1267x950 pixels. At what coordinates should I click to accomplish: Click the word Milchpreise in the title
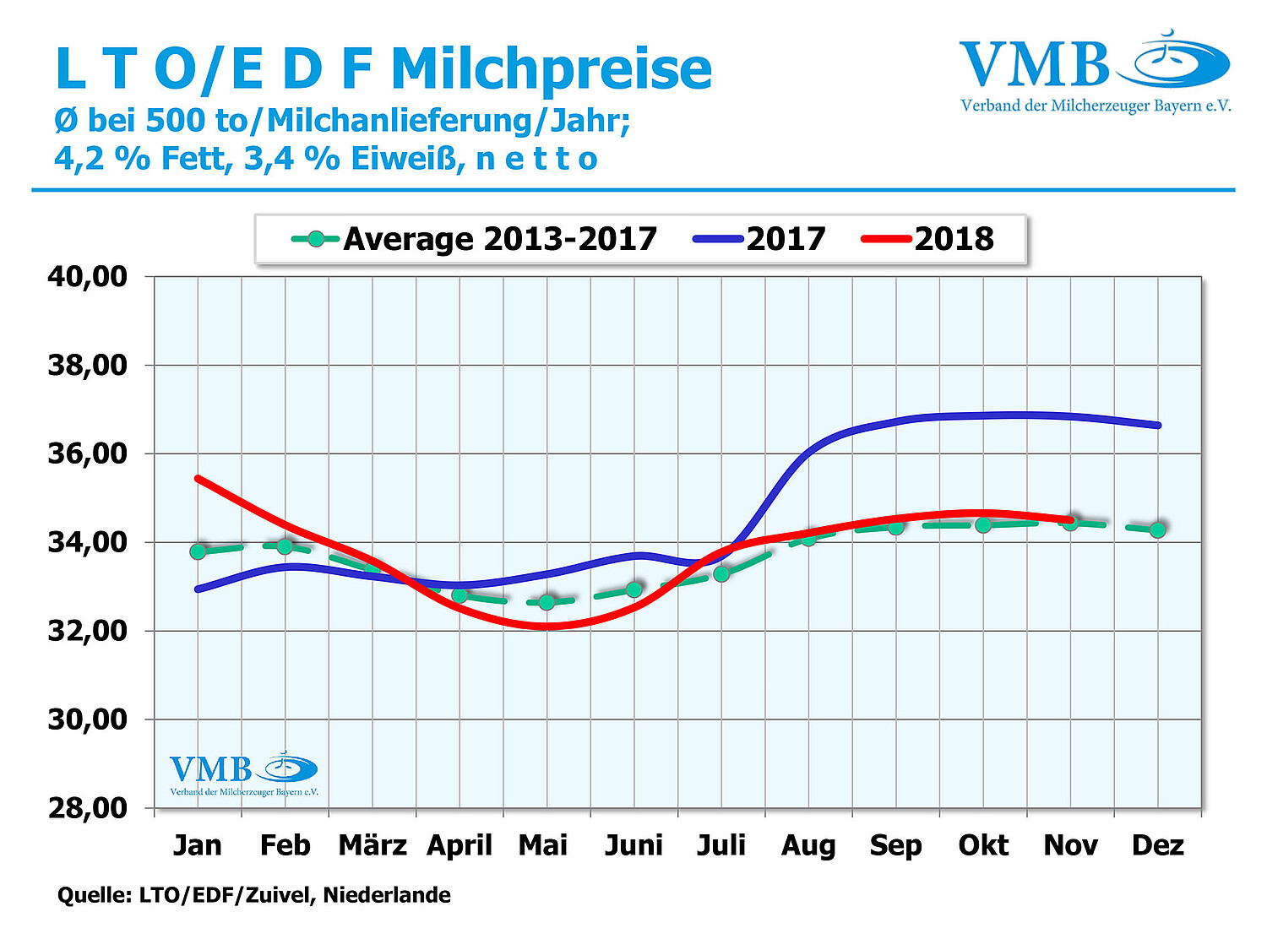click(552, 69)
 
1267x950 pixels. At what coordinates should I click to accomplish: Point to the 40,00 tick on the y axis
click(88, 276)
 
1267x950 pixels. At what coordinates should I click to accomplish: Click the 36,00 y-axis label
click(88, 453)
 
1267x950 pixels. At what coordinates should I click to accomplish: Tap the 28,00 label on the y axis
click(88, 808)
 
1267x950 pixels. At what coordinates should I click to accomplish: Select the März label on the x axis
click(372, 845)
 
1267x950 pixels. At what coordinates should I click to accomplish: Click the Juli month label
click(721, 845)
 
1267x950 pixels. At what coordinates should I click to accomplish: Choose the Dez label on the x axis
click(1158, 845)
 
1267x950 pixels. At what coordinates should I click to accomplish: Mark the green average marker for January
click(198, 551)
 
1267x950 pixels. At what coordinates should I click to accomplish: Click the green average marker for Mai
click(546, 602)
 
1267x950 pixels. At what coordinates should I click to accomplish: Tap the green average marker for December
click(1158, 529)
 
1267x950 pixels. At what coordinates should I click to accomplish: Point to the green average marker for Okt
click(983, 525)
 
